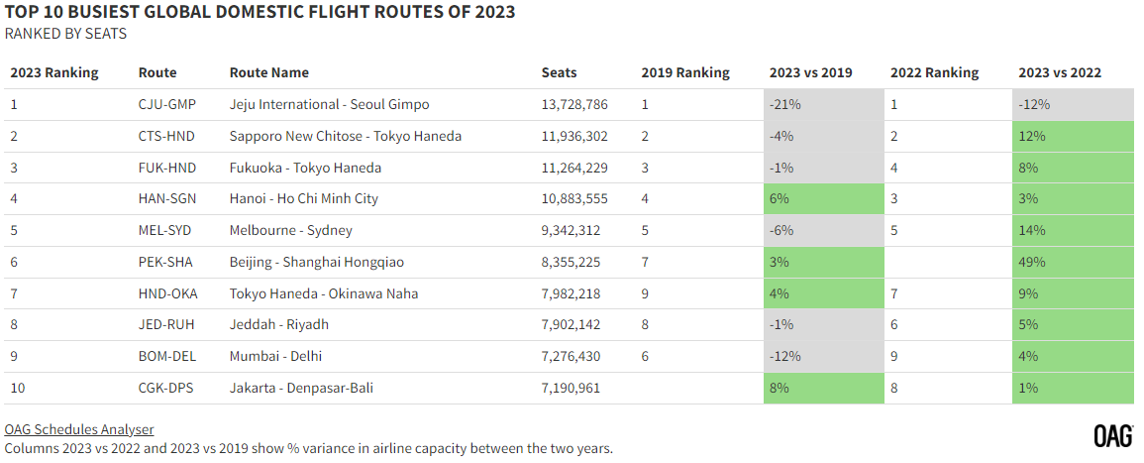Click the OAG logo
pyautogui.click(x=1113, y=435)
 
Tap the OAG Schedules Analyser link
pyautogui.click(x=79, y=429)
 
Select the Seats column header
pyautogui.click(x=559, y=72)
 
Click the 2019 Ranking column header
pyautogui.click(x=685, y=72)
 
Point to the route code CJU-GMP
pyautogui.click(x=167, y=104)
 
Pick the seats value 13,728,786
pyautogui.click(x=574, y=104)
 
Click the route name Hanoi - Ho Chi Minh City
pyautogui.click(x=303, y=198)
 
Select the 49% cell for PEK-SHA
pyautogui.click(x=1073, y=262)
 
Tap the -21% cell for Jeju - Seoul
pyautogui.click(x=824, y=104)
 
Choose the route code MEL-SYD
pyautogui.click(x=164, y=231)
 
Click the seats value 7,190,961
pyautogui.click(x=571, y=388)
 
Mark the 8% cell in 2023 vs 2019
pyautogui.click(x=824, y=388)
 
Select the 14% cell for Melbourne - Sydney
pyautogui.click(x=1073, y=231)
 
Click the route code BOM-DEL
pyautogui.click(x=166, y=356)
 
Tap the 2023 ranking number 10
pyautogui.click(x=18, y=388)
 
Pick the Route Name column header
pyautogui.click(x=269, y=72)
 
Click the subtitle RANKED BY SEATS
pyautogui.click(x=65, y=34)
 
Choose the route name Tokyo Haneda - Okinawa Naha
pyautogui.click(x=324, y=293)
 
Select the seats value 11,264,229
pyautogui.click(x=574, y=168)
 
